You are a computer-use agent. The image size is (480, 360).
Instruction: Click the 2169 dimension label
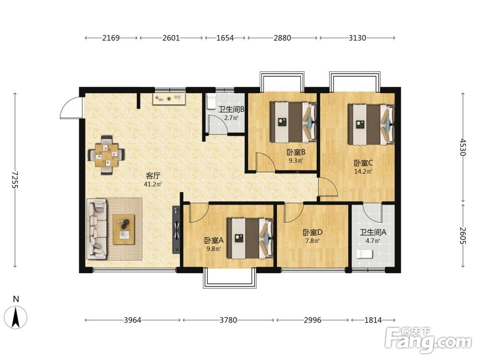[111, 38]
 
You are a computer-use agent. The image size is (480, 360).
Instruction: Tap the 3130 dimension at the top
[357, 38]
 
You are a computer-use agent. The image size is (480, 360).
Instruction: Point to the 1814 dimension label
[373, 320]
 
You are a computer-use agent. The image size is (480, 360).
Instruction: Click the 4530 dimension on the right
[463, 147]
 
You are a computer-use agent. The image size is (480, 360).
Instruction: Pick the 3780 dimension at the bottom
[228, 320]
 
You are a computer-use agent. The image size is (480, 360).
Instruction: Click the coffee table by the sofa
[124, 229]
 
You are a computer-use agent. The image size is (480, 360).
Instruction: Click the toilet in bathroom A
[365, 254]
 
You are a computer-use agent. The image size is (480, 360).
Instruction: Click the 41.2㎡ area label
[153, 184]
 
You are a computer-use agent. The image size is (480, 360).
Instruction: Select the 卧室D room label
[312, 233]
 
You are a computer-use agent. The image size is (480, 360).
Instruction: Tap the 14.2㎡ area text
[363, 171]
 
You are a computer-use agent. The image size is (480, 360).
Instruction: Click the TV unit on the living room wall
[176, 229]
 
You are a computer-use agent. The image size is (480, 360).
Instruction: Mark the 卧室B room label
[296, 152]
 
